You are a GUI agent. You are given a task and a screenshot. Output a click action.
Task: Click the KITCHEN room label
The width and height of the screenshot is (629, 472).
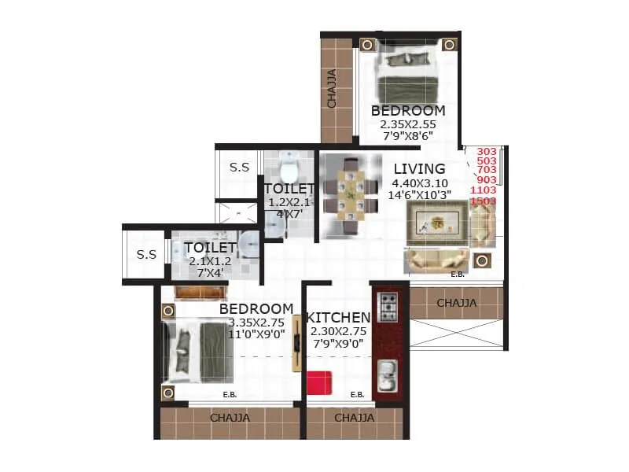[x=338, y=318]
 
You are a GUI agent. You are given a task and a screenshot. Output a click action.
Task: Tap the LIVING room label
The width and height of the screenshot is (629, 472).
[x=419, y=169]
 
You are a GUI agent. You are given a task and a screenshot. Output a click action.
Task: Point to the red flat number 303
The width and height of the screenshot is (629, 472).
[x=487, y=152]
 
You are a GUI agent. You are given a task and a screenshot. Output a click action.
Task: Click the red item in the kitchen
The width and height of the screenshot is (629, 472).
[x=318, y=383]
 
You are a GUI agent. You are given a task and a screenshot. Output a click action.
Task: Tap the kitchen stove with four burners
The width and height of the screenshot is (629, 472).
[x=388, y=308]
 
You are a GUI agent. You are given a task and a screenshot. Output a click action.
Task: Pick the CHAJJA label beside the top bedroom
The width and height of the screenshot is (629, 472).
[x=332, y=89]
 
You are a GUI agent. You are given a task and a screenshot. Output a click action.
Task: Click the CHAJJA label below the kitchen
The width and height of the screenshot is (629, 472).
[x=354, y=419]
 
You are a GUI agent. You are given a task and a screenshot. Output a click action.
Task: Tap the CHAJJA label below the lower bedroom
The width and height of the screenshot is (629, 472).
[x=230, y=419]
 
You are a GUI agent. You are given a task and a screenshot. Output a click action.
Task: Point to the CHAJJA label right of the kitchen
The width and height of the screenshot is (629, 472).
[x=456, y=303]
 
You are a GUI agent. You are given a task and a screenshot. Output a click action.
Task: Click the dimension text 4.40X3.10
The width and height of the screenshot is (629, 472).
[x=419, y=184]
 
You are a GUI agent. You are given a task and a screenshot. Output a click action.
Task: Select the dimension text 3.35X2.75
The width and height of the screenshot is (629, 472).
[x=256, y=323]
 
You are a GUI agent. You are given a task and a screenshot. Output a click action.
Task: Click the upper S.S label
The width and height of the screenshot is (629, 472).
[x=239, y=168]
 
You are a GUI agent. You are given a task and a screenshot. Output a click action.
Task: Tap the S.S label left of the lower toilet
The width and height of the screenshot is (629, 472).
[x=146, y=254]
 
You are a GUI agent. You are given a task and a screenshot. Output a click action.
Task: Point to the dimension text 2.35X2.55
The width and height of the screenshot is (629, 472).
[x=407, y=124]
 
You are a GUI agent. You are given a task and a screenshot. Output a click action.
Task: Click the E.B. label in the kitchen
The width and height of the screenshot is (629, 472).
[x=357, y=395]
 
